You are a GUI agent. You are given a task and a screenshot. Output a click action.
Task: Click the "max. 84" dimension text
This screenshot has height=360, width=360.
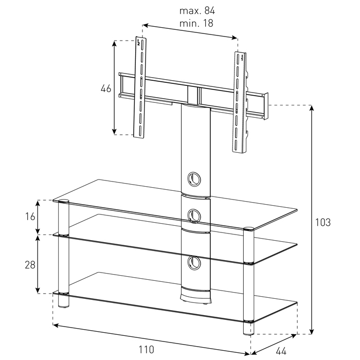click(197, 11)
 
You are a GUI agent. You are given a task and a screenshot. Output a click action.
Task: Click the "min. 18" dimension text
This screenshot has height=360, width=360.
click(196, 23)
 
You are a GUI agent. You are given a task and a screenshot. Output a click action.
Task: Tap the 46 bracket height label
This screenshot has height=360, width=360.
click(106, 88)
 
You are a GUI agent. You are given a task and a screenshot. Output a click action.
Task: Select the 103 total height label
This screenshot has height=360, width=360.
click(323, 223)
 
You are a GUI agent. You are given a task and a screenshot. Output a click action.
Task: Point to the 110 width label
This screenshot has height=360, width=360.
click(146, 350)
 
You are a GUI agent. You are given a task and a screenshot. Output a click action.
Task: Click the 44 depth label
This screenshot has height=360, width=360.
click(281, 351)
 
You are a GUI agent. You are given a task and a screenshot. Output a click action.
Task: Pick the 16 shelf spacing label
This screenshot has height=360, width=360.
click(30, 217)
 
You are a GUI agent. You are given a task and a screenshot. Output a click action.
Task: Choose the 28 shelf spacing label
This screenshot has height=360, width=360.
click(30, 265)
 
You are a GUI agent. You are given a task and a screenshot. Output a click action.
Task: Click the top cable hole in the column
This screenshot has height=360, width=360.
click(194, 178)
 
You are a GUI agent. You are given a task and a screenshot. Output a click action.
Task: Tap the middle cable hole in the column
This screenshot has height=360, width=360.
click(194, 216)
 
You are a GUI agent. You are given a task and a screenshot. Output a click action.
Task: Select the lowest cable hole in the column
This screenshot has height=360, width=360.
click(194, 263)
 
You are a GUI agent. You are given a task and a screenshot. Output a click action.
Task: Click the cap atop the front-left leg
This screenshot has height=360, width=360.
click(64, 202)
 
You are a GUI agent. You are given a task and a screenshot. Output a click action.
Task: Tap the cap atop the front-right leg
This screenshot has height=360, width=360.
click(248, 229)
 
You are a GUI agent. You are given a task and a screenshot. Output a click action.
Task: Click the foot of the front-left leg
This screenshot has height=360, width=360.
click(64, 302)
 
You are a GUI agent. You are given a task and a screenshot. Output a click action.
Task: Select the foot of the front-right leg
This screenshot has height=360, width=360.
click(248, 328)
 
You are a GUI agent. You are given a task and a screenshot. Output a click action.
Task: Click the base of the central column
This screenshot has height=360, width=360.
click(195, 296)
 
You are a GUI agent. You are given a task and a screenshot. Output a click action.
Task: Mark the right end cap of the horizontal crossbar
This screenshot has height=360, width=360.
click(266, 106)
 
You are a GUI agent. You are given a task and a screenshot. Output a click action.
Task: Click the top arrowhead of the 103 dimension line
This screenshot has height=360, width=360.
click(311, 108)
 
